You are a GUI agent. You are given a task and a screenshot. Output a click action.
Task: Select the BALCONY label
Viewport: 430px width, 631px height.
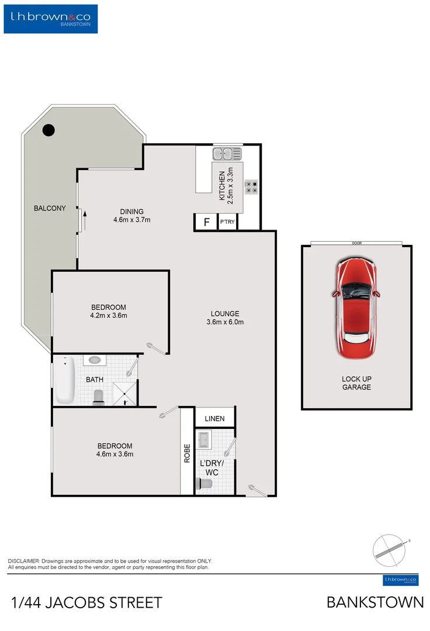(x=50, y=208)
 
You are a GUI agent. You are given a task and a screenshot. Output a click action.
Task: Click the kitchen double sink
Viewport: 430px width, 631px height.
(x=227, y=154)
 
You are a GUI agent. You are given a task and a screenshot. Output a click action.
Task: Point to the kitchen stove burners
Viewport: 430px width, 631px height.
(x=252, y=186)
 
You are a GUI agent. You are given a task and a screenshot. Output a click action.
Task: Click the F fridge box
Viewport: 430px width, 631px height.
(x=206, y=222)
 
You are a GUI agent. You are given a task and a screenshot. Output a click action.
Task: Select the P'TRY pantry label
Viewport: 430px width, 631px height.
(x=227, y=223)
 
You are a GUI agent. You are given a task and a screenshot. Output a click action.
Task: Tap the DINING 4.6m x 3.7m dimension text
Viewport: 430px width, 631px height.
(x=132, y=216)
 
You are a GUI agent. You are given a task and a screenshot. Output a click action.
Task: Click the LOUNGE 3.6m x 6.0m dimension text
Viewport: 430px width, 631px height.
(x=225, y=317)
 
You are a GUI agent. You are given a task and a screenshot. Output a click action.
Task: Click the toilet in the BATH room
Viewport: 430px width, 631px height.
(x=99, y=397)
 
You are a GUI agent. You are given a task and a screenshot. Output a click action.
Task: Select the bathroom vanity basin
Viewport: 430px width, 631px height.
(x=95, y=360)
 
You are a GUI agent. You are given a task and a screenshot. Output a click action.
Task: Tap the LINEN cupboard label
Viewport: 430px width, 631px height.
(x=214, y=419)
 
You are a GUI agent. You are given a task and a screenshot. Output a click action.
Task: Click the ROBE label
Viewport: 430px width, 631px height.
(x=187, y=453)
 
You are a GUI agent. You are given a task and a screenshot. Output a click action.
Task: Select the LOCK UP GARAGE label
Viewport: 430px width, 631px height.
(x=356, y=383)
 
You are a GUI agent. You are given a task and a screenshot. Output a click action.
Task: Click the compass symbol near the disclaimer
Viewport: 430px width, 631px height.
(x=389, y=549)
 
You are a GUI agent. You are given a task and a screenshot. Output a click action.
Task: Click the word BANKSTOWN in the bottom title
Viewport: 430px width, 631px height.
(x=375, y=602)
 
